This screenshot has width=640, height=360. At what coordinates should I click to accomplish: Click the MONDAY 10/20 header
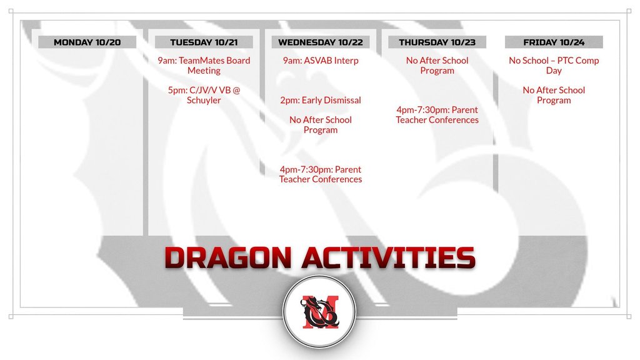click(87, 42)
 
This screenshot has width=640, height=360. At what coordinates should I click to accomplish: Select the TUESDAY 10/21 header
click(204, 42)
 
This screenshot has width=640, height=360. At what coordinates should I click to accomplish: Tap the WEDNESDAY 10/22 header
click(321, 42)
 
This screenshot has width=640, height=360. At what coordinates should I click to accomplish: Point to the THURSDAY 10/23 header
click(437, 42)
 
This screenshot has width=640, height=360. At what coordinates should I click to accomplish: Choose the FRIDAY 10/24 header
click(554, 42)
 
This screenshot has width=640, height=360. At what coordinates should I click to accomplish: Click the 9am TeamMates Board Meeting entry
click(204, 65)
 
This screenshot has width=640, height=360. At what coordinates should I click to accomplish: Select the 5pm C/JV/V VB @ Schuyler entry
click(204, 95)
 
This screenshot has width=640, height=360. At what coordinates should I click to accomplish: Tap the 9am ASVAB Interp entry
click(321, 61)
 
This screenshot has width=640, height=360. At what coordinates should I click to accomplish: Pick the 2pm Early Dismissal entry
click(321, 100)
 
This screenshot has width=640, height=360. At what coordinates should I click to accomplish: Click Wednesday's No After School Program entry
click(321, 125)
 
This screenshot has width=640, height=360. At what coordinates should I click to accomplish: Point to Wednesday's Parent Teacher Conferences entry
click(321, 174)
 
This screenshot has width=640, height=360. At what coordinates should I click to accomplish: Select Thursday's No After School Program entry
click(437, 65)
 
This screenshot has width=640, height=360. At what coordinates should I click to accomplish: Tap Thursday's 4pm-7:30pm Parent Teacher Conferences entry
click(437, 115)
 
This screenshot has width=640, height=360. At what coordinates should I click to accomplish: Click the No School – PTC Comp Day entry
click(554, 65)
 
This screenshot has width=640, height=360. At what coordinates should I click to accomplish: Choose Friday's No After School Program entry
click(554, 95)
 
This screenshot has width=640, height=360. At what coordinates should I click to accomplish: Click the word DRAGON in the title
click(227, 257)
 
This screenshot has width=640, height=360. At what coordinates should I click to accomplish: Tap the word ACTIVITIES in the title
click(389, 257)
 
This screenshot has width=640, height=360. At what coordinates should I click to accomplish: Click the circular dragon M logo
click(319, 312)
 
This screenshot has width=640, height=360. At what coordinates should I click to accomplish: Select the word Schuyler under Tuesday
click(204, 100)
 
